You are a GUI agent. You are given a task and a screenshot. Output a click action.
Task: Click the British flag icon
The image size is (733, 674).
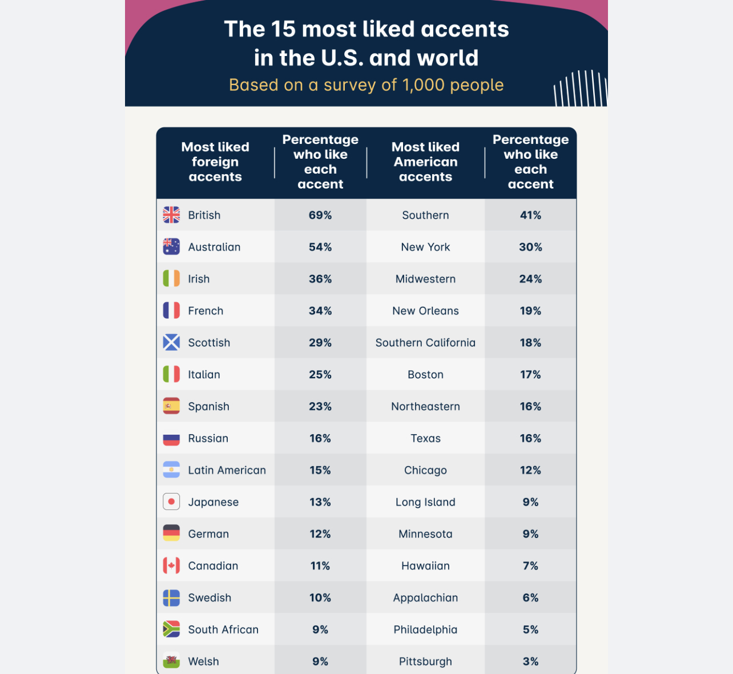click(171, 215)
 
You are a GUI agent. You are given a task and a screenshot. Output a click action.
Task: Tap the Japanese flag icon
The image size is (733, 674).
click(171, 502)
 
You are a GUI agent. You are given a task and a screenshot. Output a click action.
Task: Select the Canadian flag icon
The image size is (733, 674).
click(171, 565)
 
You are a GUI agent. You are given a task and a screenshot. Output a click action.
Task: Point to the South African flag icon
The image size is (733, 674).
click(171, 629)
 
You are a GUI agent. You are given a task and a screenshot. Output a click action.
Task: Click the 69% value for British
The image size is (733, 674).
click(320, 215)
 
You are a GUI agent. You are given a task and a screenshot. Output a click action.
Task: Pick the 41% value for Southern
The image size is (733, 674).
click(530, 215)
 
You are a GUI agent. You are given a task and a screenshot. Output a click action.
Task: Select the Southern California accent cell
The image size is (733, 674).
click(425, 343)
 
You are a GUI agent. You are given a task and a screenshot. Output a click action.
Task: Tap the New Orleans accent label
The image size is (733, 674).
click(425, 311)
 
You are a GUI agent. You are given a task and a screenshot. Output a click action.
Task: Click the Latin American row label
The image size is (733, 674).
click(227, 470)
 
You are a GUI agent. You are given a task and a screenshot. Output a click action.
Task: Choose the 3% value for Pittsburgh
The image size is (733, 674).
click(530, 661)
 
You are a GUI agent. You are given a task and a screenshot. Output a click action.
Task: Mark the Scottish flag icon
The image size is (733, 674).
click(171, 342)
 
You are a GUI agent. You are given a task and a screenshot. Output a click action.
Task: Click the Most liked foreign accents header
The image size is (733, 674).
click(215, 162)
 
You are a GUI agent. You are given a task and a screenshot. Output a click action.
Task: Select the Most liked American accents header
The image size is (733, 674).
click(425, 162)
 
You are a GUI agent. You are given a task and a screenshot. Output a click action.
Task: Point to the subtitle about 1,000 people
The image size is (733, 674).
click(366, 85)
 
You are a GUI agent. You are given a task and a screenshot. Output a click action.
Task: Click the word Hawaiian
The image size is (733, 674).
click(425, 566)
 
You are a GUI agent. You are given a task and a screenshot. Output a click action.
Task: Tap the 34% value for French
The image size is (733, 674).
click(320, 311)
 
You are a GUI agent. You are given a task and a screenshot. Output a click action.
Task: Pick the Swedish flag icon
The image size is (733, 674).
click(171, 597)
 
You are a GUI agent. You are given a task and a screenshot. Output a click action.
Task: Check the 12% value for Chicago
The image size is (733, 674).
click(530, 470)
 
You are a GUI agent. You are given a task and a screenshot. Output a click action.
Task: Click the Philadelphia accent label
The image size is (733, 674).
click(425, 629)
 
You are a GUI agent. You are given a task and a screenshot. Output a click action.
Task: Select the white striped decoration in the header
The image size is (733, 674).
click(580, 89)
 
